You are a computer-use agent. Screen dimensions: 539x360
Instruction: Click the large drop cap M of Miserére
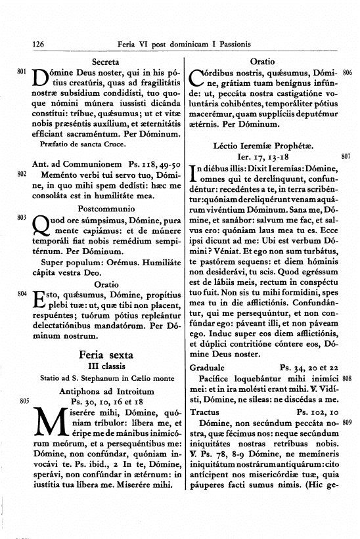click(46, 425)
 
